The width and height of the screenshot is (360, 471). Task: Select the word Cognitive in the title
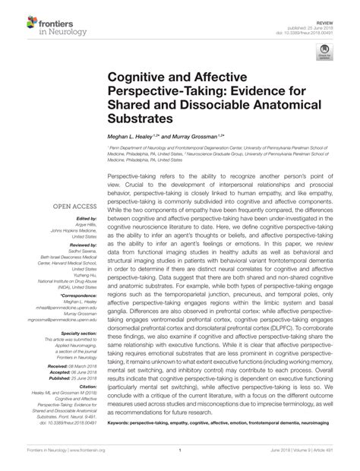tap(141, 79)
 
